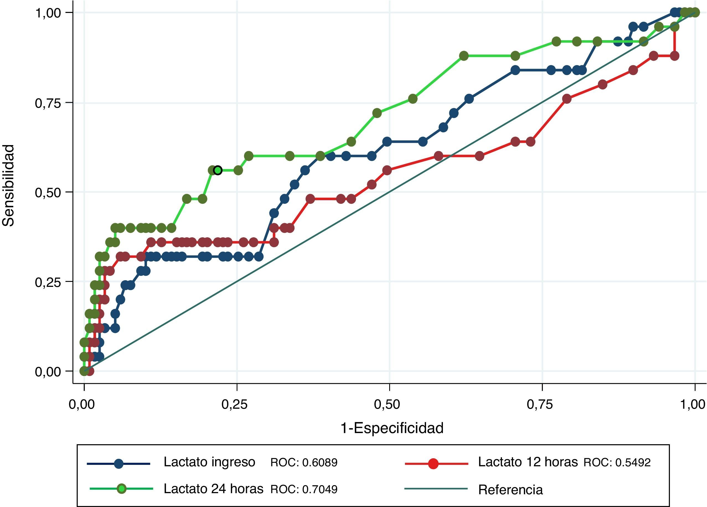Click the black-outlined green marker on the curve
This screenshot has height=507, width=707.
[x=218, y=170]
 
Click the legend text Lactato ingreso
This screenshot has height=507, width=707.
[x=209, y=462]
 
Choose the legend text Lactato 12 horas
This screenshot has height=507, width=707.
[x=528, y=462]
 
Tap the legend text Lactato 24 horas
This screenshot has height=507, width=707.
[x=213, y=489]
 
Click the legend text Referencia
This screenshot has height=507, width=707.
[x=510, y=490]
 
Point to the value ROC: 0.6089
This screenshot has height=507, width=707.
[x=304, y=462]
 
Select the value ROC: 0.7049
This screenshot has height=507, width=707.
[x=304, y=489]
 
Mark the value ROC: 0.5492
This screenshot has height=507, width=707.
[x=617, y=462]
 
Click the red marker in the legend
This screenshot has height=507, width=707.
[x=433, y=464]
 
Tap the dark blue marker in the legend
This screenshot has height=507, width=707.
[x=118, y=464]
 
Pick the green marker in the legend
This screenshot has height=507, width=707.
[x=122, y=489]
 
